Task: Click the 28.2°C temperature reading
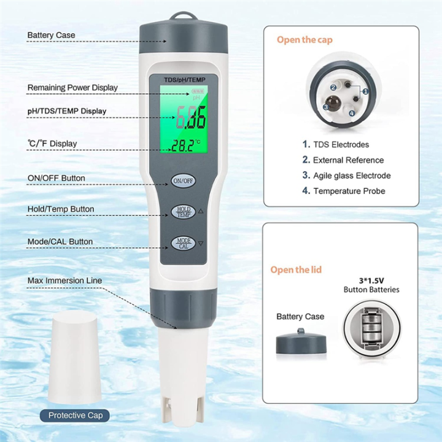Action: click(187, 145)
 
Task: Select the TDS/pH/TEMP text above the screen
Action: click(185, 79)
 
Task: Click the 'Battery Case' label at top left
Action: click(51, 35)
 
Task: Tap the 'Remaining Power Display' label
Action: click(72, 88)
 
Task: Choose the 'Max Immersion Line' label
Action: click(64, 281)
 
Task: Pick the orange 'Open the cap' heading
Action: click(304, 39)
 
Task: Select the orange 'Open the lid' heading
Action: click(296, 269)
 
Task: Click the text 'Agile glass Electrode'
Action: click(351, 176)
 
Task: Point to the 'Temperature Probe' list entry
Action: click(349, 191)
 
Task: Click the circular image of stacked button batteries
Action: click(371, 328)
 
